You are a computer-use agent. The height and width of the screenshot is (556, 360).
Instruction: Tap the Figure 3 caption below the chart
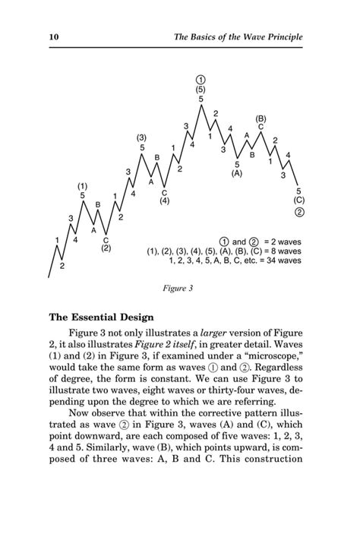pyautogui.click(x=178, y=289)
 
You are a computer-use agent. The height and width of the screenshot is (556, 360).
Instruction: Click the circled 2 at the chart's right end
pyautogui.click(x=299, y=212)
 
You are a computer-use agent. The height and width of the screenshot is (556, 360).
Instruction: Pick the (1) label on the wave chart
pyautogui.click(x=82, y=185)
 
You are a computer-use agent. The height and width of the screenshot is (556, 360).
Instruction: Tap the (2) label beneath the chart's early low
pyautogui.click(x=106, y=248)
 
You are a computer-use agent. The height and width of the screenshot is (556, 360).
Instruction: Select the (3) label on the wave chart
pyautogui.click(x=142, y=137)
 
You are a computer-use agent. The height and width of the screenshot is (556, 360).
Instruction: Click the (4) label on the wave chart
pyautogui.click(x=164, y=201)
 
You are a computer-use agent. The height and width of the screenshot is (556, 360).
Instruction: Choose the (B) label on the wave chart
pyautogui.click(x=261, y=118)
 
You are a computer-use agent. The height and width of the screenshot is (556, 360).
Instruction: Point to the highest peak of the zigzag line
pyautogui.click(x=201, y=106)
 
